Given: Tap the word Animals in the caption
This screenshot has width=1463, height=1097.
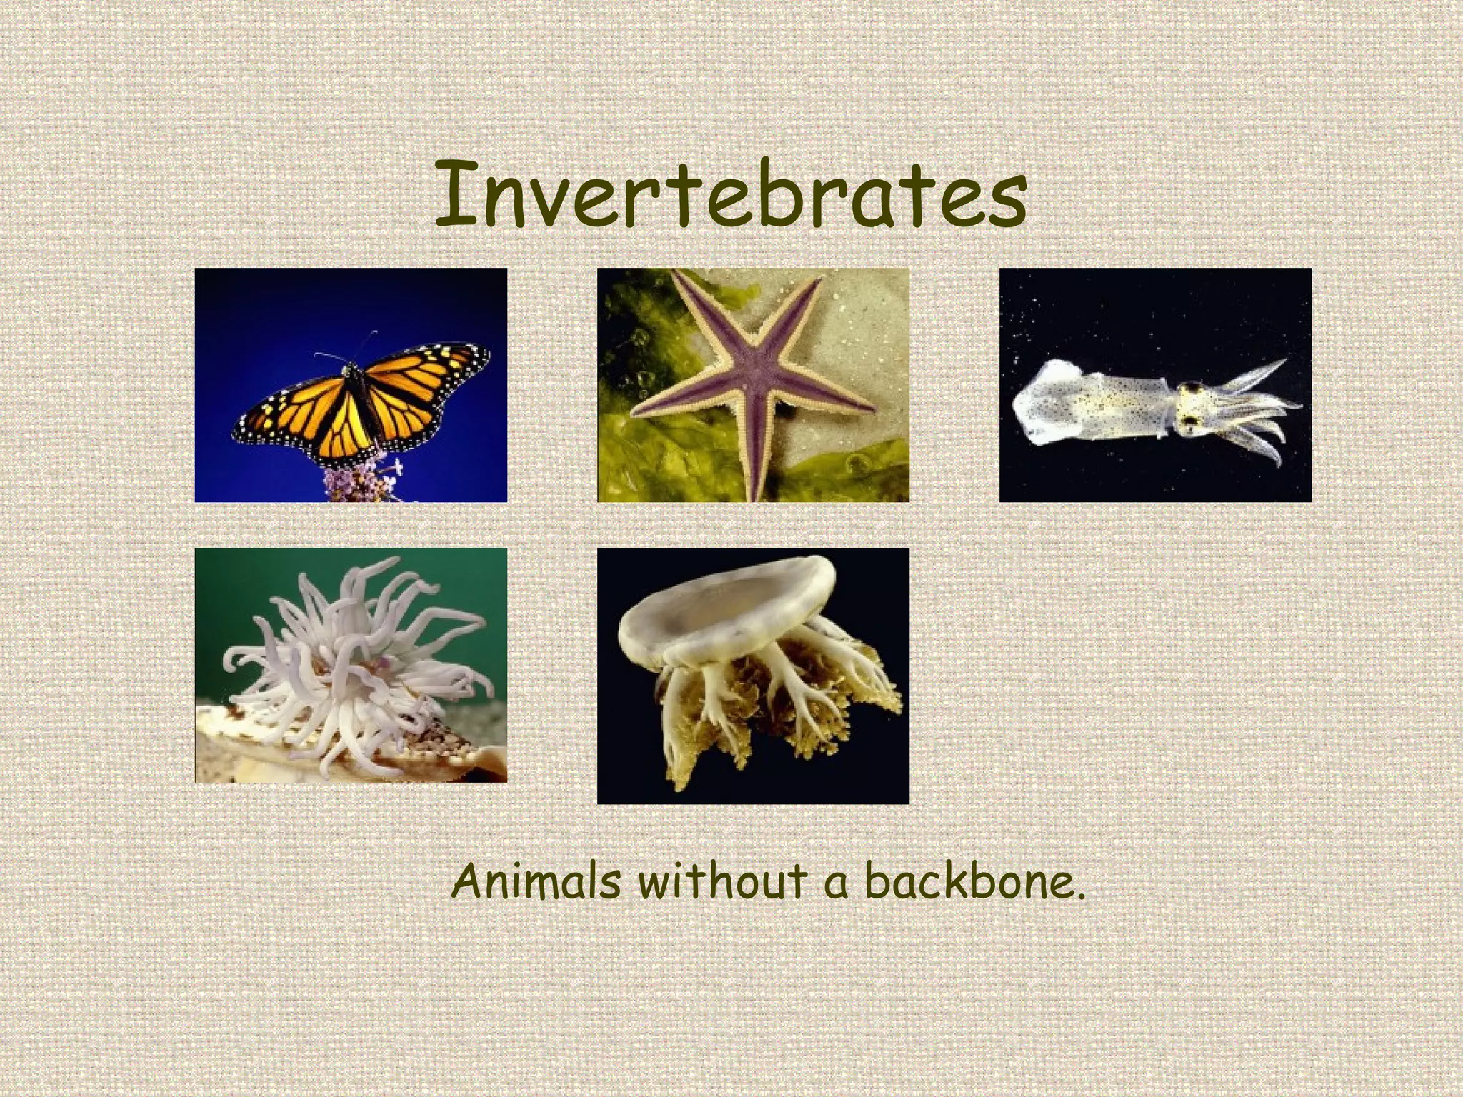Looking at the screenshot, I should click(x=536, y=882).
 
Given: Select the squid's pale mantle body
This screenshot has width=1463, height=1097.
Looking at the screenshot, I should click(x=1086, y=407).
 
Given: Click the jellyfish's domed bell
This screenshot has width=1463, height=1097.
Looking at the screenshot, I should click(x=729, y=607).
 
